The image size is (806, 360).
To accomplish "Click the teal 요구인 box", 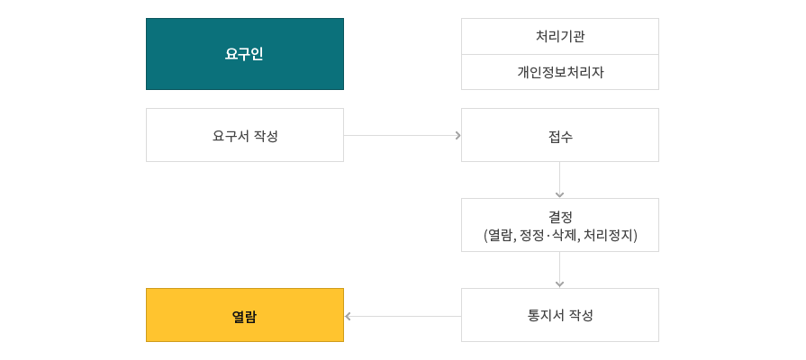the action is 245,54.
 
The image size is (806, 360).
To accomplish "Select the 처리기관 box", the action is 560,37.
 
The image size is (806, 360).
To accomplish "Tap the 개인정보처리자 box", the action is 560,72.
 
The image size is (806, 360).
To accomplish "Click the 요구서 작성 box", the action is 245,135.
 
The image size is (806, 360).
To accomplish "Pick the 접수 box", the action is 560,135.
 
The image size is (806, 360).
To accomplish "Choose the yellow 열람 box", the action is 245,315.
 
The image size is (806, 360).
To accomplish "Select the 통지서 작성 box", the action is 560,315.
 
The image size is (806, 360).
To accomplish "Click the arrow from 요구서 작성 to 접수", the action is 403,136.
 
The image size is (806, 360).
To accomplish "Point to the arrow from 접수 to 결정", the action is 560,180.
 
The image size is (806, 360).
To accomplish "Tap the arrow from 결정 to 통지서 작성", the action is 560,270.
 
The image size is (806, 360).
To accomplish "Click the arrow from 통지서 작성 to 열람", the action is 403,316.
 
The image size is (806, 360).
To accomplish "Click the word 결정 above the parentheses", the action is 560,217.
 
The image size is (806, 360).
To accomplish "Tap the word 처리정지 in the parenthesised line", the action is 610,235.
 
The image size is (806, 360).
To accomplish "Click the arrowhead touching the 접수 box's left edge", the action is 458,136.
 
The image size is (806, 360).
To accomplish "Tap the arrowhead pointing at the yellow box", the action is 348,316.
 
